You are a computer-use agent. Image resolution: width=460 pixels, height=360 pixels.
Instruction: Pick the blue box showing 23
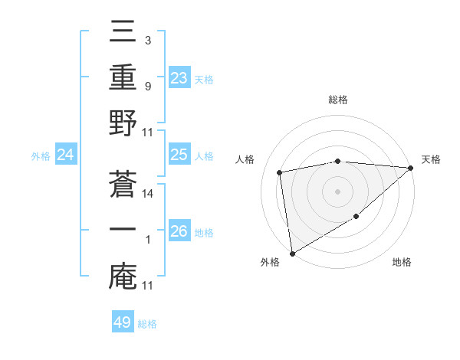click(x=179, y=78)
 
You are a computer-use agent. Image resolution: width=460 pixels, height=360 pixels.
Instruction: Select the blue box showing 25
click(x=179, y=155)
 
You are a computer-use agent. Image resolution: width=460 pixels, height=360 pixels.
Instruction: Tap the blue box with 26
click(x=179, y=232)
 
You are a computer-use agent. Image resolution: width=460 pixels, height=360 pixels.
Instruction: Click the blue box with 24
click(x=66, y=155)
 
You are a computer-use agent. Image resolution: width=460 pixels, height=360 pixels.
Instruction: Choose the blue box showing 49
click(x=123, y=322)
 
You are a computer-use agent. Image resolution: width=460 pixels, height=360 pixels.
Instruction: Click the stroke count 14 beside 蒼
click(x=148, y=195)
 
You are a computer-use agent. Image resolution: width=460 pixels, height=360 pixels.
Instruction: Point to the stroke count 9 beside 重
click(x=147, y=87)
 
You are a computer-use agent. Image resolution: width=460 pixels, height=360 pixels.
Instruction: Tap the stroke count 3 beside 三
click(x=147, y=38)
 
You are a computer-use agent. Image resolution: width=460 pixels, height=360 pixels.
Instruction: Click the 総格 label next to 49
click(x=147, y=324)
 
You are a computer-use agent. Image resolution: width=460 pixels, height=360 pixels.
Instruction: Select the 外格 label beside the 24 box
click(x=41, y=156)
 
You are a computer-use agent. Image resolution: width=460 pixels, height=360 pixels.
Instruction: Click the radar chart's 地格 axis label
click(x=402, y=263)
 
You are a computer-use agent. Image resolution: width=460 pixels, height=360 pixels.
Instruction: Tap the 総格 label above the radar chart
click(x=338, y=100)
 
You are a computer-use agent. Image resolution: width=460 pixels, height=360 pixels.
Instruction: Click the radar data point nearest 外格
click(x=292, y=252)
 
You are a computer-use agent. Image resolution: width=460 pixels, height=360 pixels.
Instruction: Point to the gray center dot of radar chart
click(x=338, y=191)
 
